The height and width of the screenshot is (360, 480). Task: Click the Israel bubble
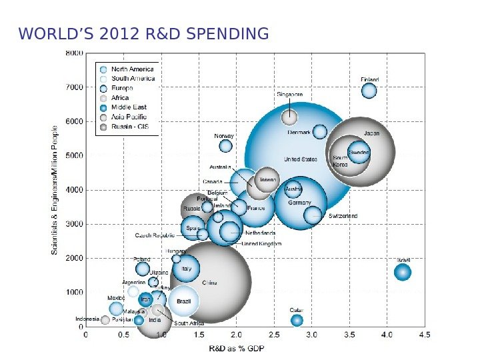point(402,272)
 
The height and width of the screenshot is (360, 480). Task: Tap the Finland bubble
point(369,91)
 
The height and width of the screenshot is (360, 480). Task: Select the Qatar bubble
point(297,321)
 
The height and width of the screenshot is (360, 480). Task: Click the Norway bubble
point(225,146)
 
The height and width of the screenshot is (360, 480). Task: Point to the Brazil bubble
point(183,301)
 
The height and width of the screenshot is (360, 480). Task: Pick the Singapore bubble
point(289,117)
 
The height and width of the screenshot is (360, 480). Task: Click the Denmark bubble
point(320,132)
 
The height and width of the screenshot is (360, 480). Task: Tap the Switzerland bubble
point(313,215)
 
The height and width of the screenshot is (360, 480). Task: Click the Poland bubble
point(143,269)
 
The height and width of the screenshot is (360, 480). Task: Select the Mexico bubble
point(117,309)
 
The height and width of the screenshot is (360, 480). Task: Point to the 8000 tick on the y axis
point(75,53)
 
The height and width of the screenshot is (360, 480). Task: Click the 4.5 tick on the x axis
point(425,335)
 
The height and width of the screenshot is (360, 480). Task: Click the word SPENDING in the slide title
point(226,33)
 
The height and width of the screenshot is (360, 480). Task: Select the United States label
point(301,160)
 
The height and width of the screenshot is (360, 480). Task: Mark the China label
point(209,282)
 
